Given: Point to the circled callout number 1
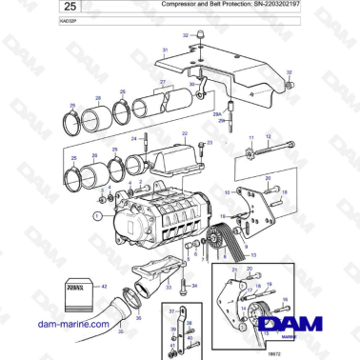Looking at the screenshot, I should tap(96, 216).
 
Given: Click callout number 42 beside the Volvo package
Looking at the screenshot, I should tap(104, 286).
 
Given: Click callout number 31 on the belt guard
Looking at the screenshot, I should tap(164, 50).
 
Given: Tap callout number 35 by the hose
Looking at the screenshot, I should tap(120, 330).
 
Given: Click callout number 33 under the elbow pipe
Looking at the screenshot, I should tap(168, 286).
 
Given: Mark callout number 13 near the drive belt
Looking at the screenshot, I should tap(253, 255).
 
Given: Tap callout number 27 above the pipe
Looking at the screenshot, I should tap(163, 83).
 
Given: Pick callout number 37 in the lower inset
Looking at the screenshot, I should tap(170, 310).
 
